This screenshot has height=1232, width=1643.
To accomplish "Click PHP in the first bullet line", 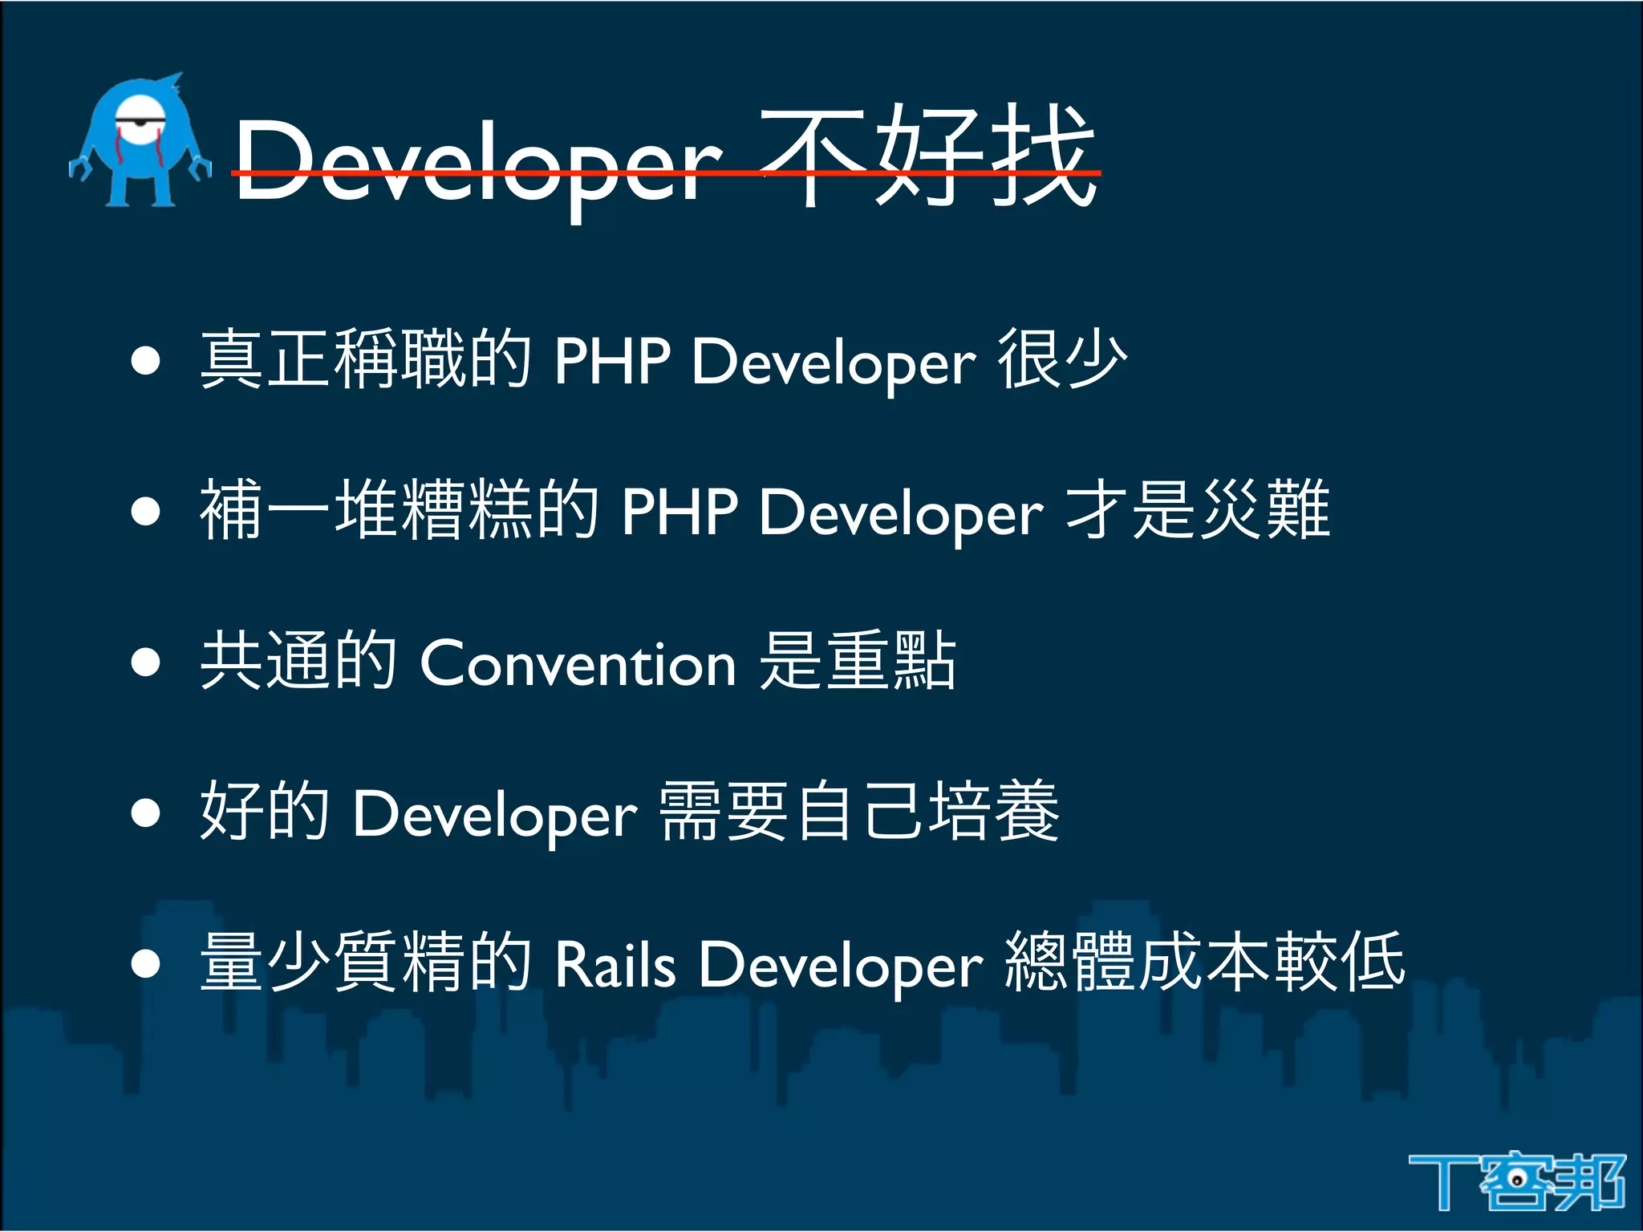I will [612, 361].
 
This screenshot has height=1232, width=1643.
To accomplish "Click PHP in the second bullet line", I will [680, 511].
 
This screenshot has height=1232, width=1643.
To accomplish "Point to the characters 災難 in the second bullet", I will [1264, 509].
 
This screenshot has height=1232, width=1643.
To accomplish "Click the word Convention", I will [578, 663].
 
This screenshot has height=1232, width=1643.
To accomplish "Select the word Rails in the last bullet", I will [615, 963].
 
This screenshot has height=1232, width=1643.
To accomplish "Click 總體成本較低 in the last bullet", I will [1204, 961].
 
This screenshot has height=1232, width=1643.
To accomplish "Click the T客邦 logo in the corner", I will [1516, 1181].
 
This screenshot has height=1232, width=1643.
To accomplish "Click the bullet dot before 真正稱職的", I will [146, 360].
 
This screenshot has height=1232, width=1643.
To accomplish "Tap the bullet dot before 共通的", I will [146, 663].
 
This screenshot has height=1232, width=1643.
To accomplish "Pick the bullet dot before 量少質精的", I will [146, 963].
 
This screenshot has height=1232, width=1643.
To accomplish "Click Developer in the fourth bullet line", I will [495, 813].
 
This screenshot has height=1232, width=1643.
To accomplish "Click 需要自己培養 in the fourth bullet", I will [859, 811].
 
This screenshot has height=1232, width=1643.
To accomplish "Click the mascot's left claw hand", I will [79, 168].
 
